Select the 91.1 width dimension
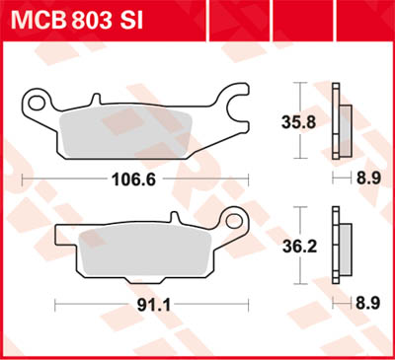point(148,305)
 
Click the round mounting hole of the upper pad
point(38,100)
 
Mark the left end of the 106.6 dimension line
point(22,179)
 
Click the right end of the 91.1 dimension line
point(246,305)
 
